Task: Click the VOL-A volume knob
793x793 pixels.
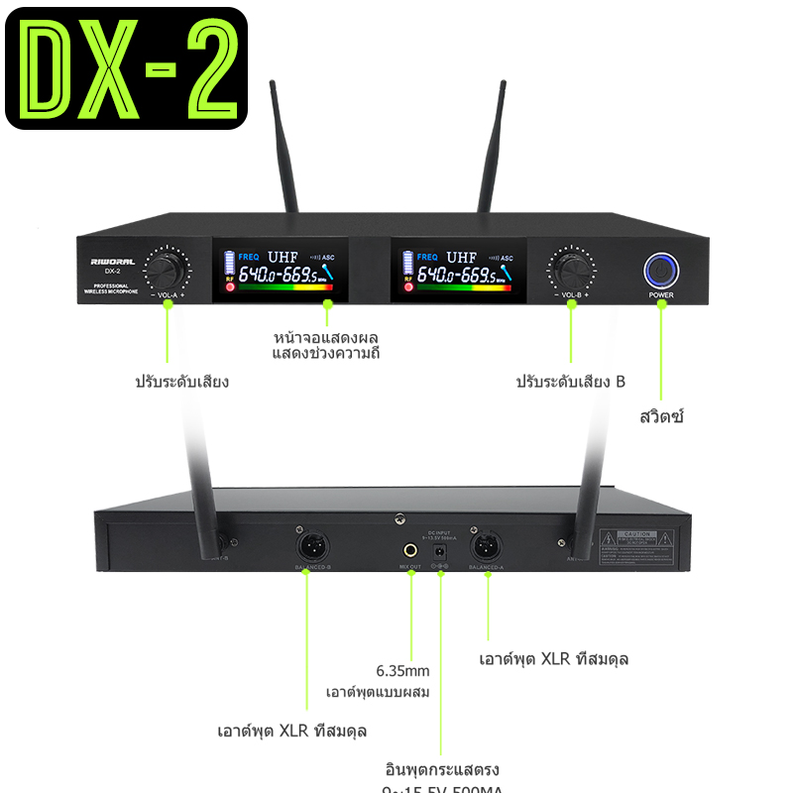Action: click(x=167, y=268)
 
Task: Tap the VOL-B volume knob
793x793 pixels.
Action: click(x=571, y=268)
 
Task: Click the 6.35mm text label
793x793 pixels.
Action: click(x=401, y=669)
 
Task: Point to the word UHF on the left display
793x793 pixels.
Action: click(x=283, y=257)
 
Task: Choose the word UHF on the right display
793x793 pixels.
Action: click(x=461, y=257)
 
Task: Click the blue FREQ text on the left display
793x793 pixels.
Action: click(x=247, y=257)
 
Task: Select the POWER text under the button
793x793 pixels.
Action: click(x=661, y=294)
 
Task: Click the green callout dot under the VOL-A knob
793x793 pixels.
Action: click(x=168, y=305)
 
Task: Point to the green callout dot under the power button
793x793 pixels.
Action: click(x=662, y=304)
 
